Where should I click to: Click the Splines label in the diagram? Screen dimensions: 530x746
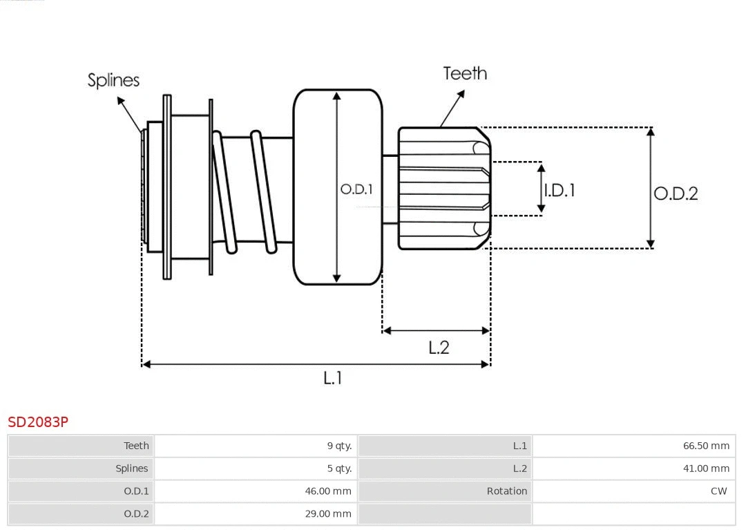click(113, 80)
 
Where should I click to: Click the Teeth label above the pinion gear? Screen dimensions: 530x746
click(465, 73)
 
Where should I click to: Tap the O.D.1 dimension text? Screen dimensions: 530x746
click(356, 189)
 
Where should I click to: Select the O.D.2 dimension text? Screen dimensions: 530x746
click(676, 193)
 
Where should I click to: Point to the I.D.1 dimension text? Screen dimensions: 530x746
click(559, 190)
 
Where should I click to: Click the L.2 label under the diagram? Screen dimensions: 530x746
click(439, 348)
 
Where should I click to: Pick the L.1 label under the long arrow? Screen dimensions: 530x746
click(333, 378)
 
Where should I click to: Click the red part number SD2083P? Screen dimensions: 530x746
click(38, 422)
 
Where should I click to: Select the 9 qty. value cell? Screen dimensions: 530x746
click(339, 446)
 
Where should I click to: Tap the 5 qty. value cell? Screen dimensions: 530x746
click(339, 469)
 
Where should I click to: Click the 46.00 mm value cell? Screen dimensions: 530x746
click(328, 491)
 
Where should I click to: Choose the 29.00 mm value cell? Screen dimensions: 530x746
click(328, 513)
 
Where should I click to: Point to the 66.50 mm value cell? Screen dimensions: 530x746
click(706, 446)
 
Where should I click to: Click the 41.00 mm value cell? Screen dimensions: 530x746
click(706, 469)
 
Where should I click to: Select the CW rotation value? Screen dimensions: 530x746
click(718, 491)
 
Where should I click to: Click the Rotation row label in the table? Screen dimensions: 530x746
click(506, 491)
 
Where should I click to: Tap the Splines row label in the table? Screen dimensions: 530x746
click(131, 469)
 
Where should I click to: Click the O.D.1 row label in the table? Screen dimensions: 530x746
click(136, 491)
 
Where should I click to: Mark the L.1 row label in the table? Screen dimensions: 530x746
click(519, 446)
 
